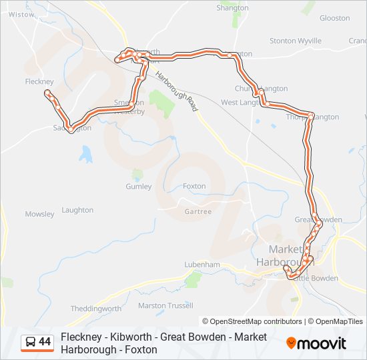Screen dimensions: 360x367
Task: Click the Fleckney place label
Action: click(x=39, y=81)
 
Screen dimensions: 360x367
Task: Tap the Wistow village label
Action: click(x=21, y=14)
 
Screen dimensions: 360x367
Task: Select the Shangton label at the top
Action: click(x=232, y=8)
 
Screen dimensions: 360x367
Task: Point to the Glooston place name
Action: click(x=334, y=19)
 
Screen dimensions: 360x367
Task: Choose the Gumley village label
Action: click(x=139, y=187)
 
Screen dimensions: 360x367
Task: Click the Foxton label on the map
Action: click(x=194, y=187)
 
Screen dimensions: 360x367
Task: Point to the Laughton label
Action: click(x=77, y=210)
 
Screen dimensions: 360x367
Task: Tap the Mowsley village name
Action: click(x=39, y=214)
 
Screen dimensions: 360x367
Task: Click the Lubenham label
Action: click(x=202, y=265)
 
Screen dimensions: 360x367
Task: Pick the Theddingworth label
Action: click(x=96, y=309)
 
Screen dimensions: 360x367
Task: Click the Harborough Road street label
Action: click(x=177, y=92)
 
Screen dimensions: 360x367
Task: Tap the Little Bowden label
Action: click(x=316, y=278)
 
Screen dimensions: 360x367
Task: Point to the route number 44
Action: click(x=45, y=342)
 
